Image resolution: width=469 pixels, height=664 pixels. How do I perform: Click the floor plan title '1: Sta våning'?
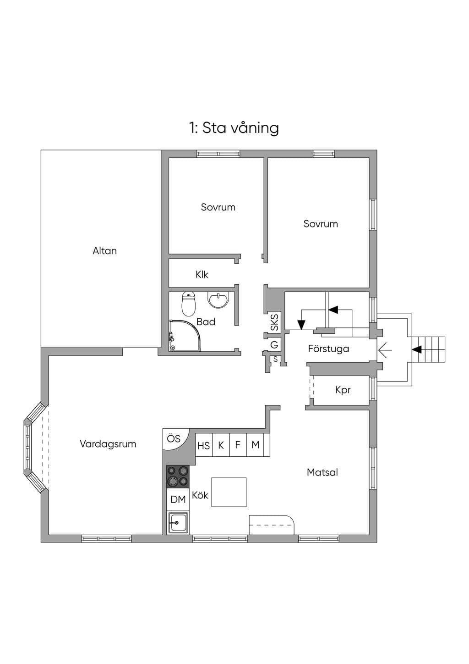tap(234, 128)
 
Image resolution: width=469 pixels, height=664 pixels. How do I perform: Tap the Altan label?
tap(104, 251)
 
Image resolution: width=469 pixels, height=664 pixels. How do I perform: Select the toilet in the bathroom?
tap(189, 304)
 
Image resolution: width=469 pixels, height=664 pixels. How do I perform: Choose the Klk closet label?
tap(202, 275)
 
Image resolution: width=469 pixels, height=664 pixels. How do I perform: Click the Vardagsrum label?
tap(108, 444)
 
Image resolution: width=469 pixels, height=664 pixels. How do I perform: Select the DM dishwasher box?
tap(178, 499)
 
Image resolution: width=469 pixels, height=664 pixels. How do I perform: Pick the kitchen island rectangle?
tap(229, 492)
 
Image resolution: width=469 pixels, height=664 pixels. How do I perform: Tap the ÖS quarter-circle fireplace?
tap(176, 439)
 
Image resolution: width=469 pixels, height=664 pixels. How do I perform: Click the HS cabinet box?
tap(204, 445)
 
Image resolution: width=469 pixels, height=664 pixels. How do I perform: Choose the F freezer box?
tap(238, 445)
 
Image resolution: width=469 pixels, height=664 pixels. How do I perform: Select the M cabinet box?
tap(255, 445)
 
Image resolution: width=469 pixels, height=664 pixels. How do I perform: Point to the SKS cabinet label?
tap(274, 323)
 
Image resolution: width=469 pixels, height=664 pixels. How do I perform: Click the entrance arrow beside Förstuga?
tap(385, 350)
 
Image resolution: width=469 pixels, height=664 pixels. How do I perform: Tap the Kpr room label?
tap(343, 390)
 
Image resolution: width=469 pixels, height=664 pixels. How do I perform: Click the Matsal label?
tap(322, 472)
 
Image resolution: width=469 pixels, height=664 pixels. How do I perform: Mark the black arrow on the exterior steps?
tap(417, 350)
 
